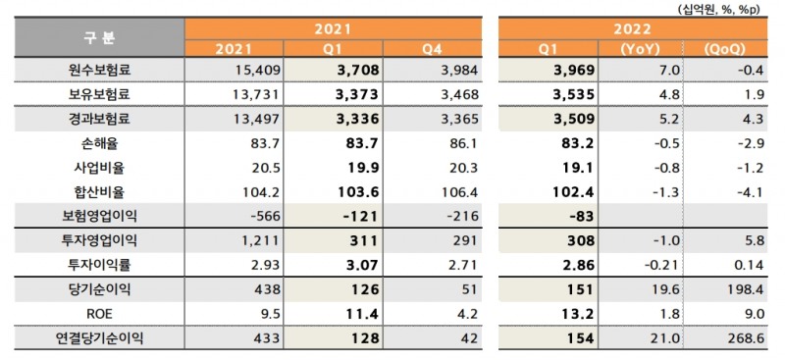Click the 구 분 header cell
click(94, 37)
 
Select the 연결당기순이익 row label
click(94, 340)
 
